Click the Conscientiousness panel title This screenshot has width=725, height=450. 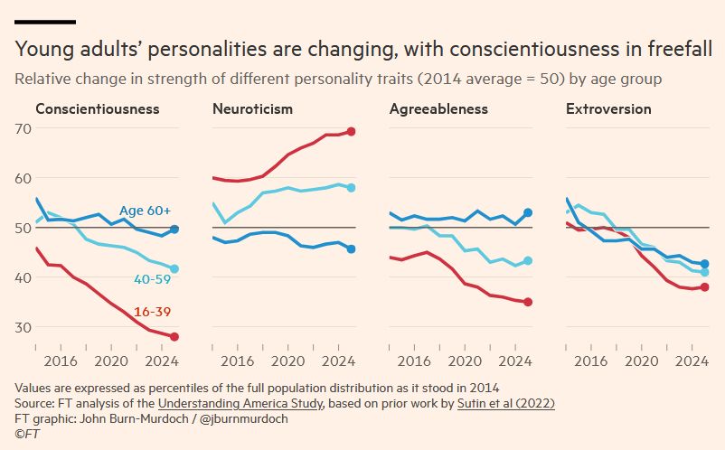coord(97,109)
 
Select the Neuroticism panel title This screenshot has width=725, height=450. coord(252,109)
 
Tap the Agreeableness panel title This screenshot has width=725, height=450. coord(438,109)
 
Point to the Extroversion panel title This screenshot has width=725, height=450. coord(608,109)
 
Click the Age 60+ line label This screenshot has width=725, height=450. coord(145,211)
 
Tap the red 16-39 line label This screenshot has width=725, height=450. coord(152,313)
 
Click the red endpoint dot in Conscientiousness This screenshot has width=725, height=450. coord(174,337)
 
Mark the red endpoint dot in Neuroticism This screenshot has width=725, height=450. coord(352,131)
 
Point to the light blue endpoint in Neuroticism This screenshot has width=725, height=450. coord(352,188)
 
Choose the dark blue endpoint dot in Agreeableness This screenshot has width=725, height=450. coord(528,212)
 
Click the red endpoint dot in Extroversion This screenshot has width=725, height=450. coord(704,287)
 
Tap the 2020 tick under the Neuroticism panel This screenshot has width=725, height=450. coord(287,361)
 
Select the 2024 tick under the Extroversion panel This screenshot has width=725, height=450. coord(691,361)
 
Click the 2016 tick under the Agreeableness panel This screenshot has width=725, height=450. coord(413,361)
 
